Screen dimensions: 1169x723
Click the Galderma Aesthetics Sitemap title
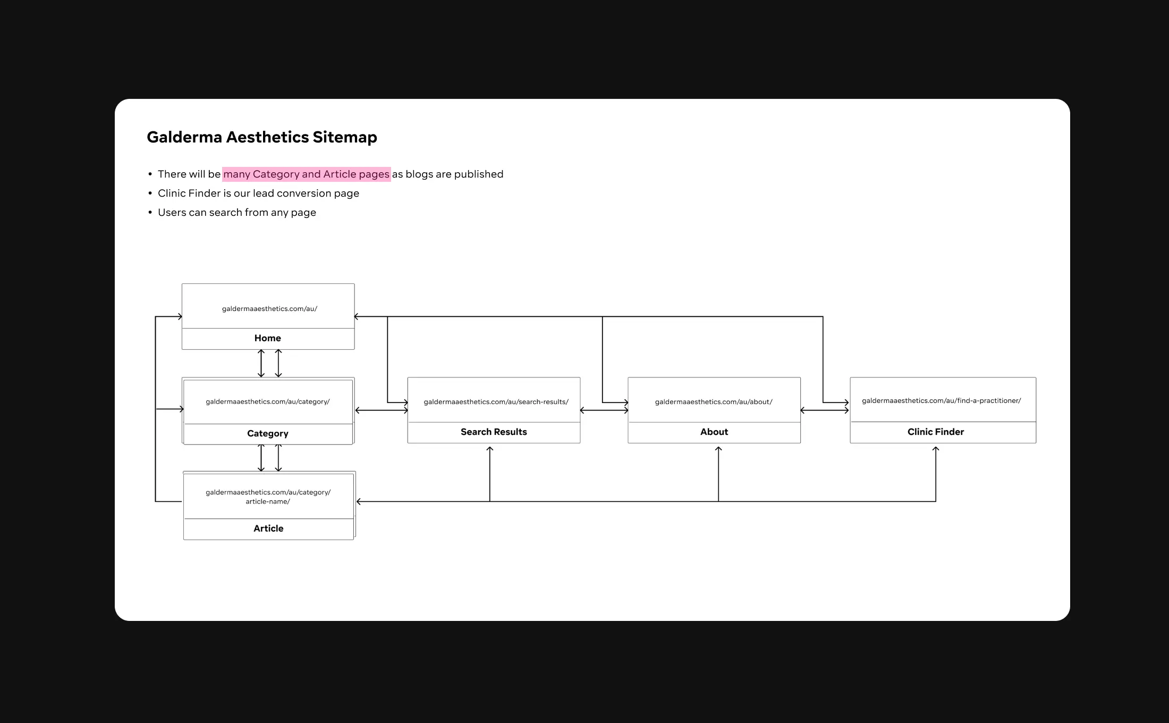point(262,137)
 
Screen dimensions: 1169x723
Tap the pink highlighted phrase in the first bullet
point(307,174)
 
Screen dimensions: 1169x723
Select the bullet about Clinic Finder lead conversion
point(258,194)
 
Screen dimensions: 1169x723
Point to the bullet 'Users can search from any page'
point(237,213)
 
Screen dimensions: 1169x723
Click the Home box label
point(268,338)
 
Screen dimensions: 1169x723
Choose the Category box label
point(268,434)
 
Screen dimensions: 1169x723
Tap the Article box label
point(268,528)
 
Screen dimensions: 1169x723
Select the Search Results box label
point(494,432)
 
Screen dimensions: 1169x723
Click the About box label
point(714,432)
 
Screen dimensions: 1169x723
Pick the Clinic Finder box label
point(936,432)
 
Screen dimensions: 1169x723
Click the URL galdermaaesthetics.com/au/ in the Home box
point(269,309)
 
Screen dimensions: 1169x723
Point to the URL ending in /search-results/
point(496,402)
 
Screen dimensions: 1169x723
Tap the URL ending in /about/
point(714,402)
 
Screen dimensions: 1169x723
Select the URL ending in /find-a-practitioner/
point(942,401)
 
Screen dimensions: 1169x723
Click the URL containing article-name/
point(268,497)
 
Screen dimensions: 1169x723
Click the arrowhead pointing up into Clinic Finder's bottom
point(936,449)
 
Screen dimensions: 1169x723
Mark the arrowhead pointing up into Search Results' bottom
point(490,449)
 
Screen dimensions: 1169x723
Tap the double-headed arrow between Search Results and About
point(604,410)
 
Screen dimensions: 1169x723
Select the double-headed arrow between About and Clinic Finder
point(825,410)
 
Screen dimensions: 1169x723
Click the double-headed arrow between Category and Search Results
point(382,410)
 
